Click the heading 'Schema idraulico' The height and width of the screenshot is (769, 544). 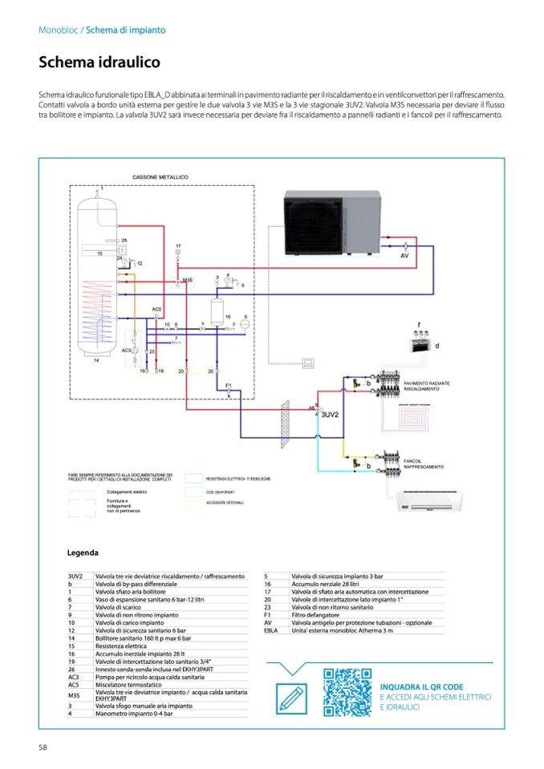coord(99,62)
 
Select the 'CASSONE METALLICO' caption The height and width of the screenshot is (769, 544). coord(160,176)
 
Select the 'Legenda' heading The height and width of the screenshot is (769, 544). coord(83,552)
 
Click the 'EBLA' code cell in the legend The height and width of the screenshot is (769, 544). coord(270,631)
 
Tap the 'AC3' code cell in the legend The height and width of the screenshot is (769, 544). coord(74,677)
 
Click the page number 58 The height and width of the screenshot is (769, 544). coord(43,747)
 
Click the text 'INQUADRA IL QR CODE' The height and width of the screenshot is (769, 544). coord(421,687)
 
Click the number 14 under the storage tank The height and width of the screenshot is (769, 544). coord(95,362)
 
